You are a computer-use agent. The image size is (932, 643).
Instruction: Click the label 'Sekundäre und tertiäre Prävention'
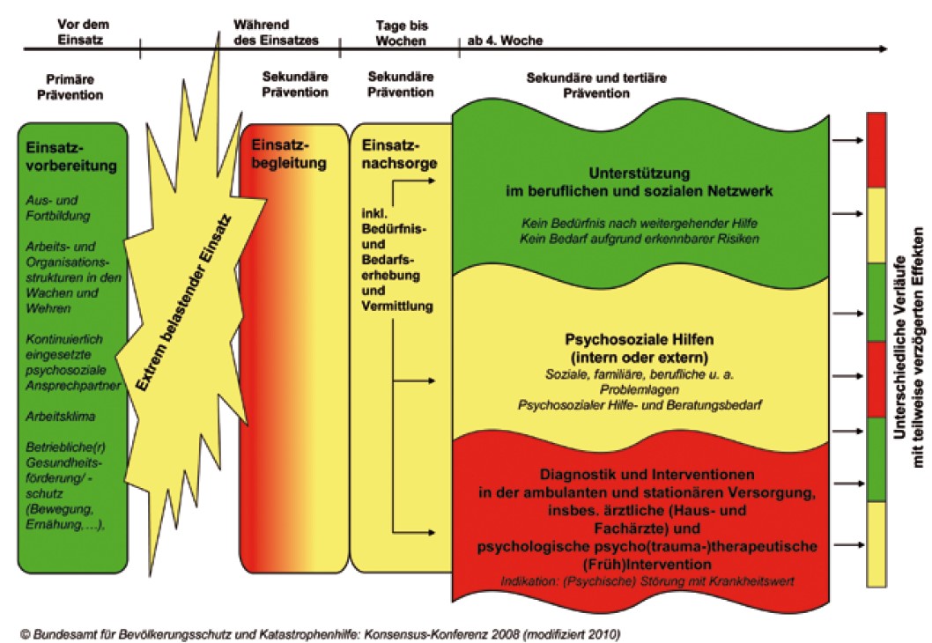coord(596,85)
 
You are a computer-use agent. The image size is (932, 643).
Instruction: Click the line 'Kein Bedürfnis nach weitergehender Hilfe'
coord(640,224)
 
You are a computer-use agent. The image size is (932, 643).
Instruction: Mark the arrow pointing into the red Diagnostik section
coord(414,530)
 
